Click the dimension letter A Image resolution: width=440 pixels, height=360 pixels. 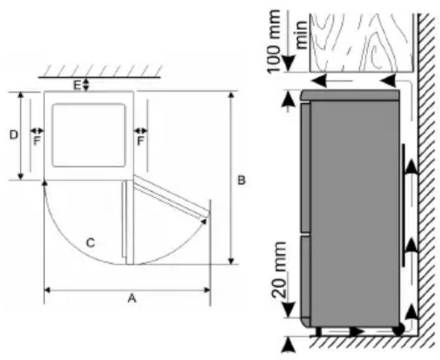coord(132,299)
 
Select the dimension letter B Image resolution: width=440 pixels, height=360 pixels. coord(241,180)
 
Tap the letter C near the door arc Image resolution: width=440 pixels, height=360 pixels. coord(90,243)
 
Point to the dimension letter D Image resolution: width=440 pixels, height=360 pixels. coord(14,135)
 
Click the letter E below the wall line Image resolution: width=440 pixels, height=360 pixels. coord(77,85)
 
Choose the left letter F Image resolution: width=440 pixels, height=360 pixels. coord(37,141)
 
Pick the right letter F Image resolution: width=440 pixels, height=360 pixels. coord(140,141)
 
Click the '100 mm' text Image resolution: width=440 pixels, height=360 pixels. coord(273,41)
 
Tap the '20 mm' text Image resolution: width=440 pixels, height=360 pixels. coord(279,270)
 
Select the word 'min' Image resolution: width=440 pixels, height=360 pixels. coord(301,35)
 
